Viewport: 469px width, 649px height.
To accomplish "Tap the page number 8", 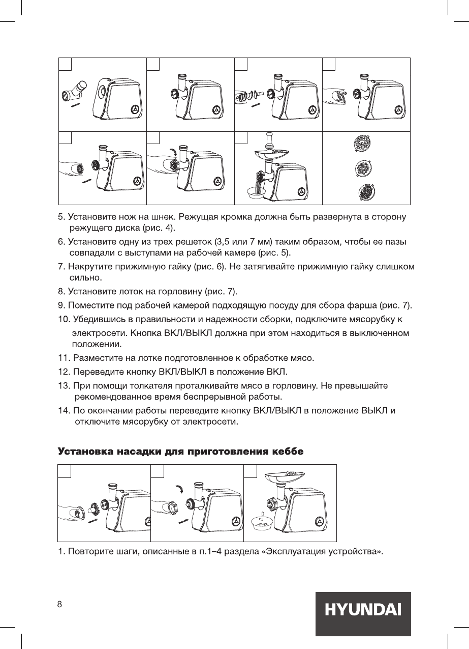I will [x=59, y=604].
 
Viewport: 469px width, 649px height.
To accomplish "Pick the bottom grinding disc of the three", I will [x=362, y=193].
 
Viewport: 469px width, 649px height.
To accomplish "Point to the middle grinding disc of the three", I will [x=362, y=167].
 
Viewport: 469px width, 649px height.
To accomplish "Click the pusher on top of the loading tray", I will [x=269, y=140].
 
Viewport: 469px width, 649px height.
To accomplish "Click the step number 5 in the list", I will [x=61, y=218].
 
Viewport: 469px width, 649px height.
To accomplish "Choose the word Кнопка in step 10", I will [x=146, y=334].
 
